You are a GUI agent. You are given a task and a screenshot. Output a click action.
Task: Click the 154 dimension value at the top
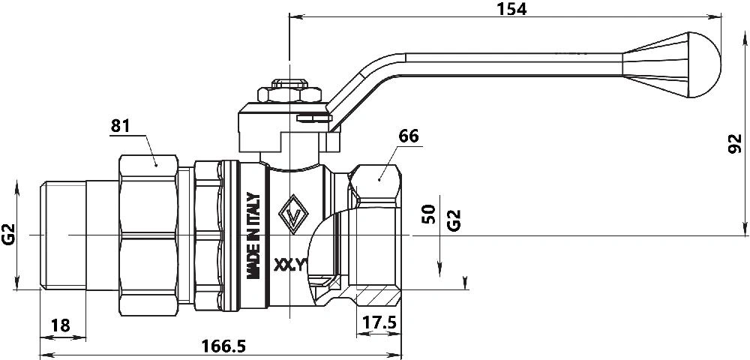coord(512,9)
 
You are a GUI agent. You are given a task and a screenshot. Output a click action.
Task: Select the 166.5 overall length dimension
coord(223,346)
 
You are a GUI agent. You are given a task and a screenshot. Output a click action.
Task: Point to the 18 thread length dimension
coord(60,325)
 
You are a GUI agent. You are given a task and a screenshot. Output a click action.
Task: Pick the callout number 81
coord(121,126)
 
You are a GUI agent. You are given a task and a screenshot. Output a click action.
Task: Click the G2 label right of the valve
coord(453,219)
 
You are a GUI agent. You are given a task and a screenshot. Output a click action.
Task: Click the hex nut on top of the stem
coord(290,95)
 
